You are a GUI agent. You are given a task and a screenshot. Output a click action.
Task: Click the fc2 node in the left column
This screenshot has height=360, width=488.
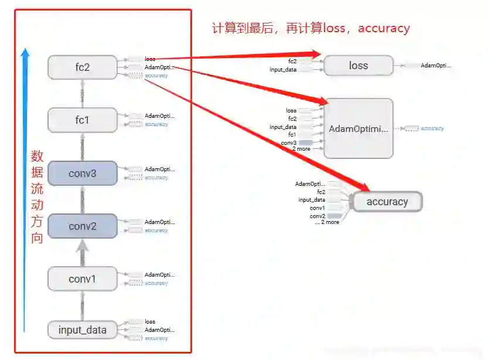point(83,67)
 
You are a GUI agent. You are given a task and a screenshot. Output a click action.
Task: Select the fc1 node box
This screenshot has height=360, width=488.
point(83,120)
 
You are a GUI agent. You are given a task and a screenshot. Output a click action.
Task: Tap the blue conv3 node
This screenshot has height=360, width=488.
point(83,174)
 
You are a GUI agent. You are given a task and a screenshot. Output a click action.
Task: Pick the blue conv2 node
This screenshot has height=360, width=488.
point(83,226)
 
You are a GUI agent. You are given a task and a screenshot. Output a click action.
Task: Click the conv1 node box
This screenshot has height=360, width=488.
point(83,279)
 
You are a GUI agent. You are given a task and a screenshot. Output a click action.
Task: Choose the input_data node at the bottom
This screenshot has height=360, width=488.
point(83,330)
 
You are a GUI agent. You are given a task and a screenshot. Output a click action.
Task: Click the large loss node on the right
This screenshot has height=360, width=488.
point(358,66)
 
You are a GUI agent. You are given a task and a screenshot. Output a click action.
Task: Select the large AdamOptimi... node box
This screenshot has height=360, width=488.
point(358,128)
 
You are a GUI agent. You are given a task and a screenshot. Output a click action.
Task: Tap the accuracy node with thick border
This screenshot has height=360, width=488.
point(387,202)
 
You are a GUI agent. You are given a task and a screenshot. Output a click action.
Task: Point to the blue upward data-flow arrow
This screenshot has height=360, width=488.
point(25,188)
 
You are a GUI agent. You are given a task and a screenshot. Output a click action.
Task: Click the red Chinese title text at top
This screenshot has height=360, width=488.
point(310,28)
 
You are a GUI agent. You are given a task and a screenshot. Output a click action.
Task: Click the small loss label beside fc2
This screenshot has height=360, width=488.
point(150,59)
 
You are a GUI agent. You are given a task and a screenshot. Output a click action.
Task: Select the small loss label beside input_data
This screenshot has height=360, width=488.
point(150,322)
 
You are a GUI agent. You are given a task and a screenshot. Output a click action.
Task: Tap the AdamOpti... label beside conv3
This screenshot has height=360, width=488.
point(159,169)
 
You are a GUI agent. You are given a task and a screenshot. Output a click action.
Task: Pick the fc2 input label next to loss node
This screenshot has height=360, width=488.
point(292,61)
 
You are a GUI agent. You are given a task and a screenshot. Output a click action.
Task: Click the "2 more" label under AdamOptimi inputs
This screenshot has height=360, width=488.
point(301,149)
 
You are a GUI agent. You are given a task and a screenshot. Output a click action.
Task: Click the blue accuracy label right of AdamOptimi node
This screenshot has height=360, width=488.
point(432,128)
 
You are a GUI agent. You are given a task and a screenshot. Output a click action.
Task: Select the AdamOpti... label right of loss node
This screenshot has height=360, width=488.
point(436,66)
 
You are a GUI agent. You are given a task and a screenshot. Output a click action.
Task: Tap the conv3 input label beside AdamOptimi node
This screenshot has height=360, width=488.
point(288,142)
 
